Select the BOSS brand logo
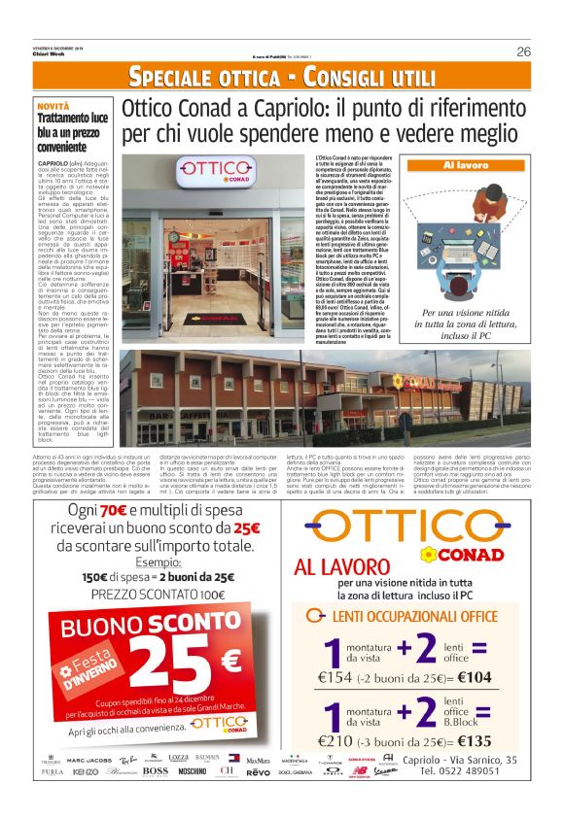pyautogui.click(x=155, y=771)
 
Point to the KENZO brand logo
pyautogui.click(x=86, y=771)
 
